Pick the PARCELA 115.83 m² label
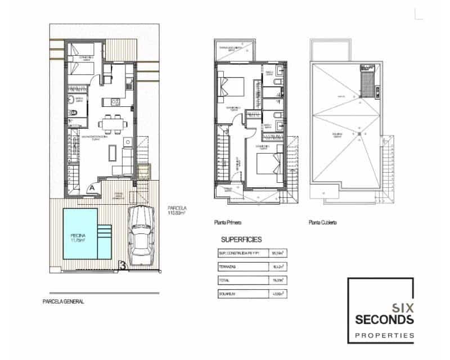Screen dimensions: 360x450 [x=177, y=211]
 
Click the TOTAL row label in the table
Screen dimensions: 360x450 [x=226, y=280]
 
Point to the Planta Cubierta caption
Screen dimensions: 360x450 [x=323, y=223]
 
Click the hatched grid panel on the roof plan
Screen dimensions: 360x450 [x=367, y=82]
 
